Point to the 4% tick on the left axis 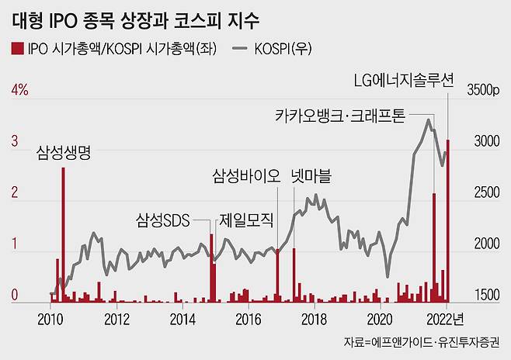[18, 90]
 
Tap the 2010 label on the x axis [50, 318]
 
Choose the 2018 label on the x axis [314, 318]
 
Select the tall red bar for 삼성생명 [63, 233]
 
